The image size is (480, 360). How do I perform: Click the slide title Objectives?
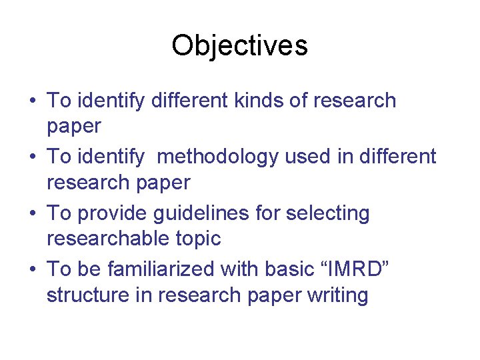click(x=239, y=46)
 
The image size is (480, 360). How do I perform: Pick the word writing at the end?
click(x=334, y=294)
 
